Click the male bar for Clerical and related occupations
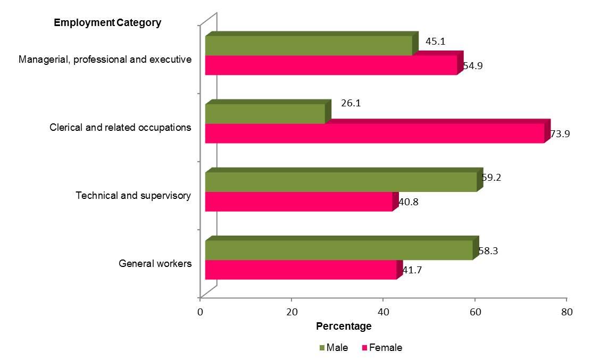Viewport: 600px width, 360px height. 265,114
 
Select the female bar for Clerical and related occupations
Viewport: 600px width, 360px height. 375,133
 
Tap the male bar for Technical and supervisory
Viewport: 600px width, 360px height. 340,182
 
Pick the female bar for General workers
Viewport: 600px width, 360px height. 301,270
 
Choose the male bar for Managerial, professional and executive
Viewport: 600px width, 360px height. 309,46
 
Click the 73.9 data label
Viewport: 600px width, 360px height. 560,134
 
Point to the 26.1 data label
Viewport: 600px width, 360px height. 351,103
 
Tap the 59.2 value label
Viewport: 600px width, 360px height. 491,178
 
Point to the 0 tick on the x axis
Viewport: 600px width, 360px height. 200,313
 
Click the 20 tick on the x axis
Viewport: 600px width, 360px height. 291,313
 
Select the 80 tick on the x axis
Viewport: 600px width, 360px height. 566,313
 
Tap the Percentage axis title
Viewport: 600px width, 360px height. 344,325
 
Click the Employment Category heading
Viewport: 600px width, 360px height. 107,23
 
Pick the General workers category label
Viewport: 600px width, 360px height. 155,264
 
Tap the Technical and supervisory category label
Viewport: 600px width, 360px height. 133,196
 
